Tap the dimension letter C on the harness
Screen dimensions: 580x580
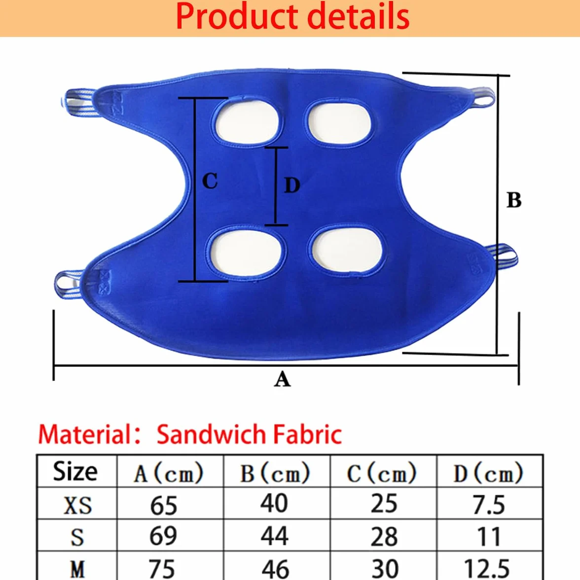210,181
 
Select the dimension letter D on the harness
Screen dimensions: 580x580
292,185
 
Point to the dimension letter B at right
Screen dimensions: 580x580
514,200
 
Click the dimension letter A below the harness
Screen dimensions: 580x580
282,379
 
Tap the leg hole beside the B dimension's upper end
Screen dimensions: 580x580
338,123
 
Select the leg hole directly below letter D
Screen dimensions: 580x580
246,252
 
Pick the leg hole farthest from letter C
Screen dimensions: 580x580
347,250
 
